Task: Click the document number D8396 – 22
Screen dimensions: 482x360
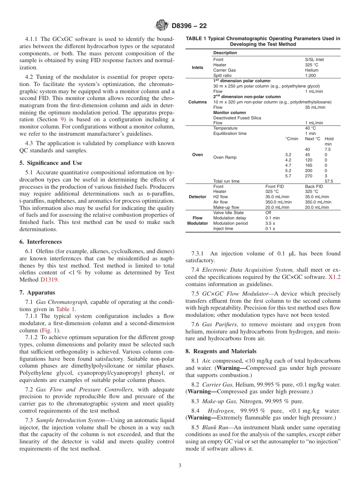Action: (x=189, y=26)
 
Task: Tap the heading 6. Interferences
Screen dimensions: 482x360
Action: (x=41, y=242)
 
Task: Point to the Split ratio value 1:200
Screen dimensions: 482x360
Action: (x=311, y=75)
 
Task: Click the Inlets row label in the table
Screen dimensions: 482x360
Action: (x=197, y=67)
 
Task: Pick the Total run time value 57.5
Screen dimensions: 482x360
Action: (x=329, y=181)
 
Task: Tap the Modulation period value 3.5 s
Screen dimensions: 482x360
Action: (x=270, y=223)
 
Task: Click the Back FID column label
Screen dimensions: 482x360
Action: (x=314, y=186)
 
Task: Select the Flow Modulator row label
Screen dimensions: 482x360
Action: (x=197, y=221)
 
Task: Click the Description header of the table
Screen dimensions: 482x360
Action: (x=225, y=53)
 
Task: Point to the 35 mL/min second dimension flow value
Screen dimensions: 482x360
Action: (x=315, y=107)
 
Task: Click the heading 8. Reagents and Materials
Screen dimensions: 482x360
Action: (x=221, y=351)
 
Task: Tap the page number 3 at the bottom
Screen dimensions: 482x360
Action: (x=180, y=465)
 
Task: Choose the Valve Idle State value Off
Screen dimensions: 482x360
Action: (x=268, y=213)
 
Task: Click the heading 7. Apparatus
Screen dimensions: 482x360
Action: (x=37, y=293)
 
